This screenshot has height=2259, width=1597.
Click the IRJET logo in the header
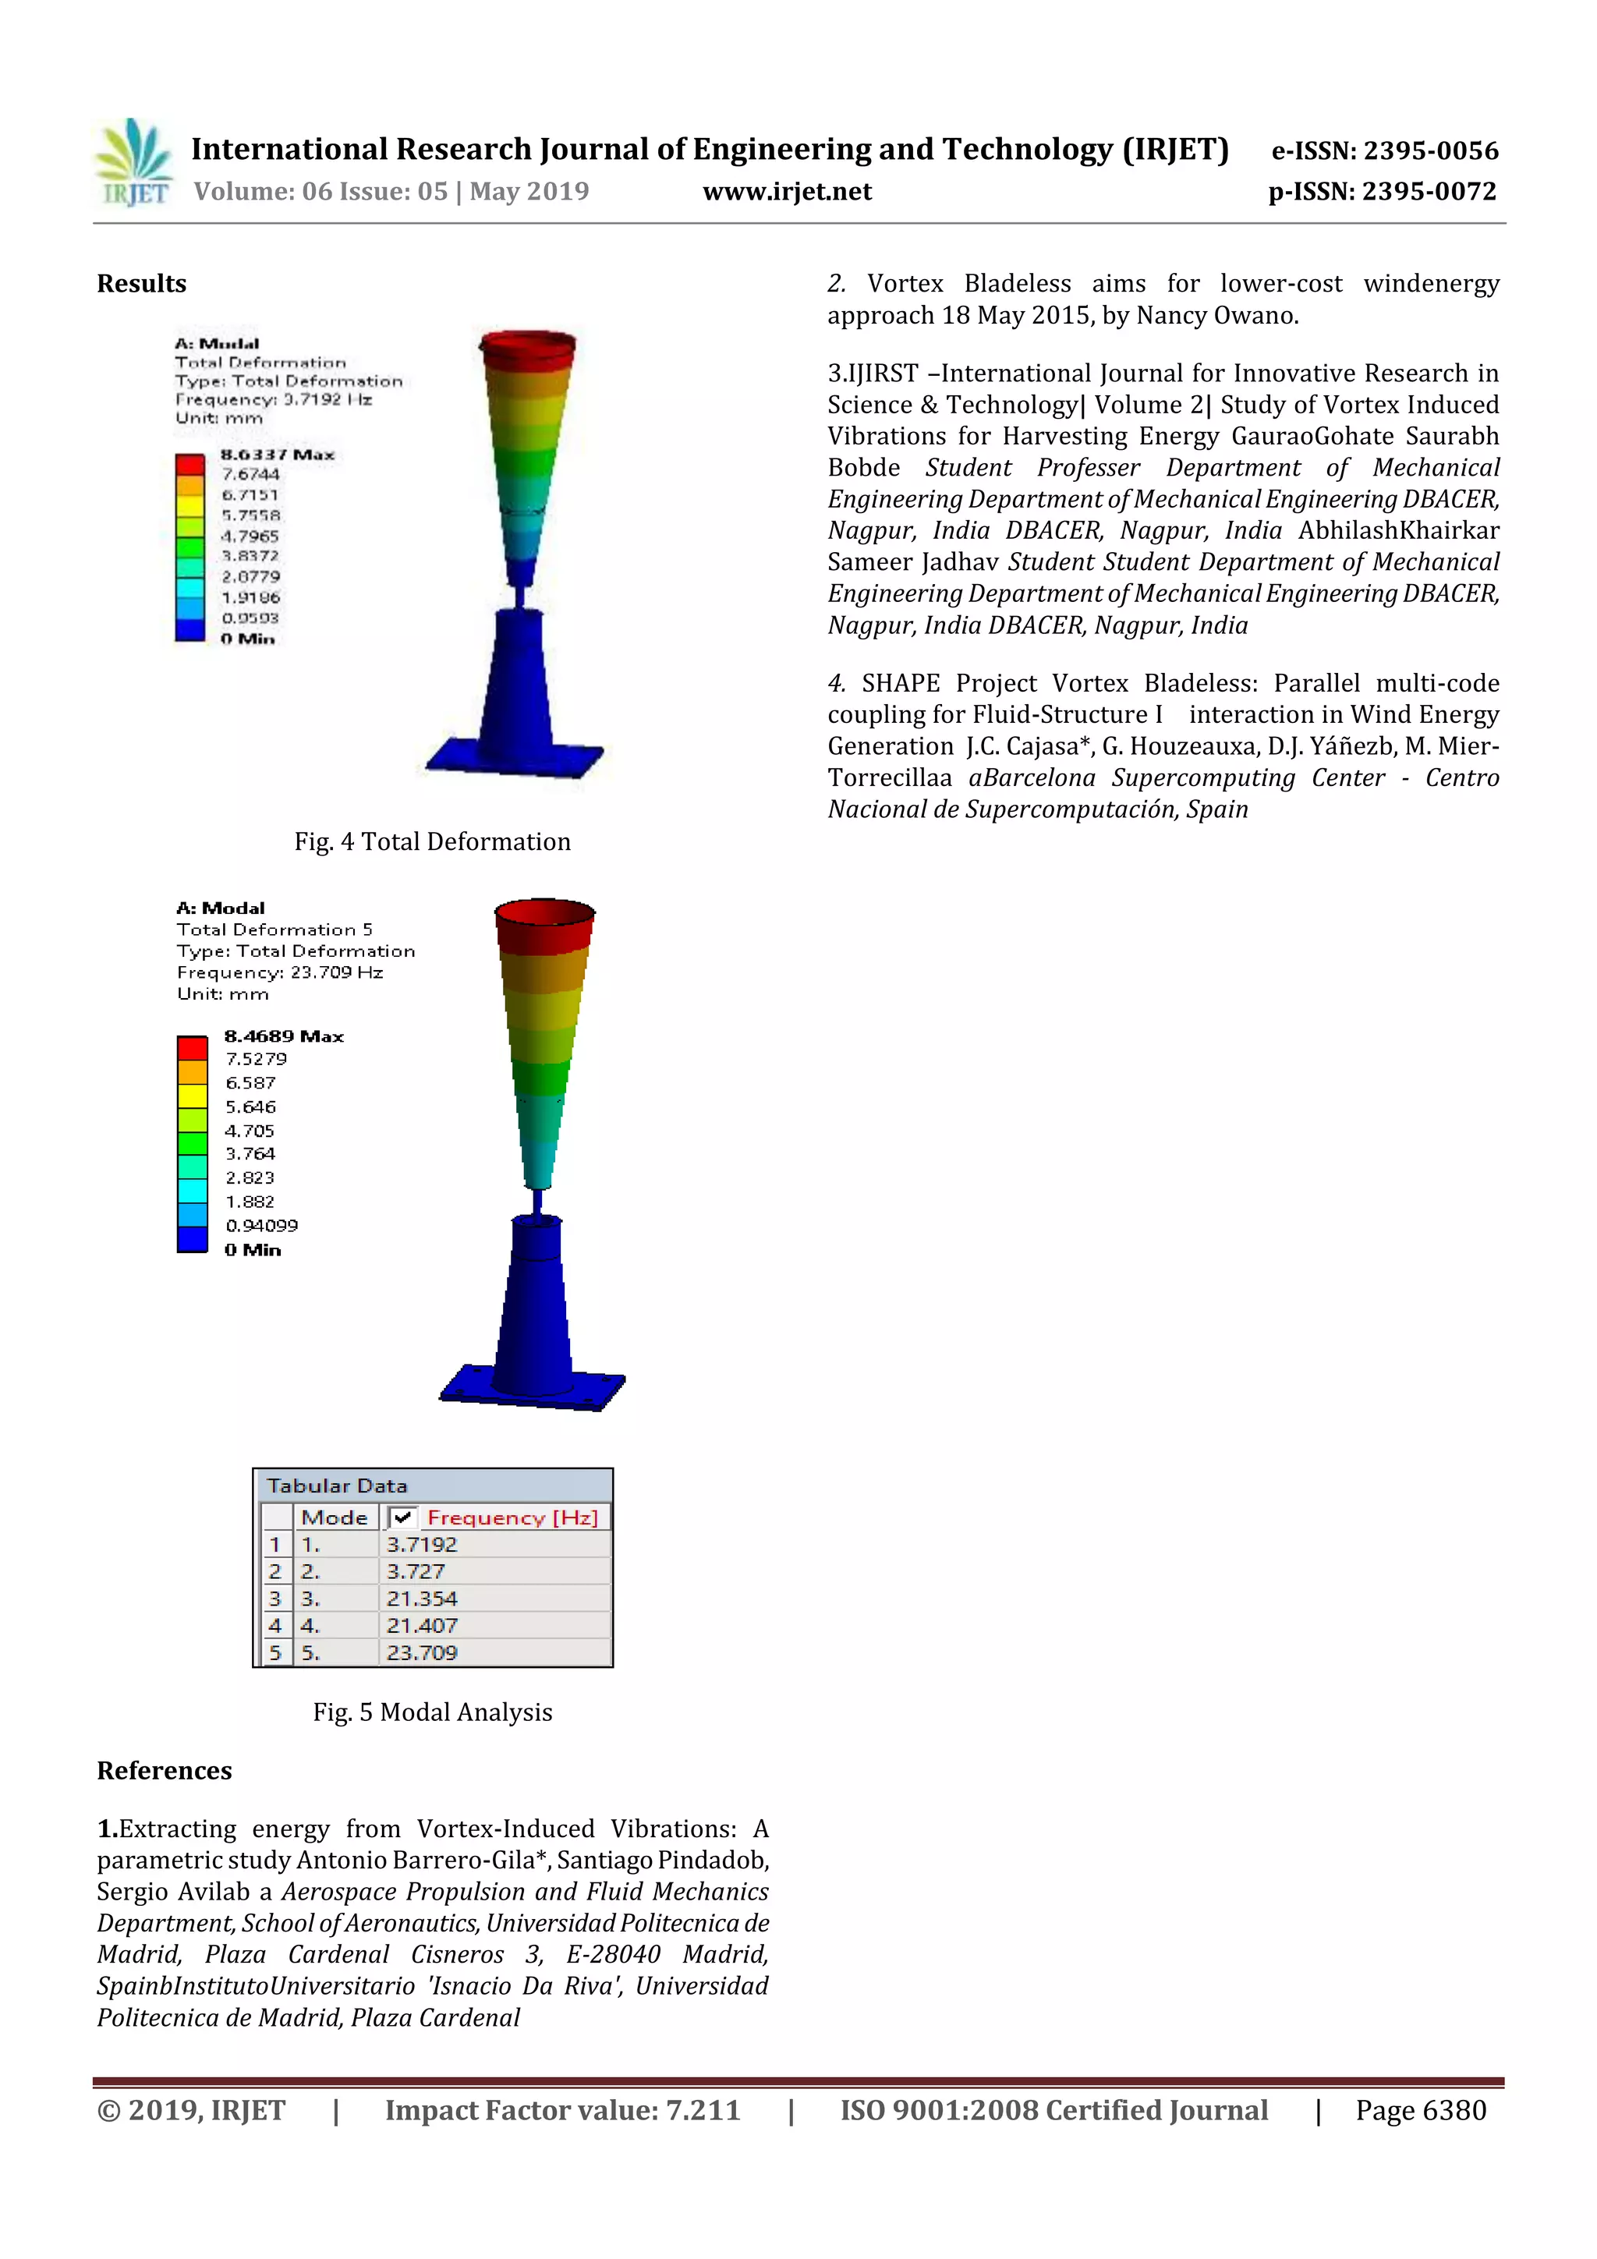tap(135, 163)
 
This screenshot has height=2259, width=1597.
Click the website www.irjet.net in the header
tap(786, 192)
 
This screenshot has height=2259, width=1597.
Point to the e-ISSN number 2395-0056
tap(1429, 150)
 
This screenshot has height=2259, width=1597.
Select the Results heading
tap(142, 285)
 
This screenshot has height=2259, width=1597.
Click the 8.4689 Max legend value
tap(283, 1036)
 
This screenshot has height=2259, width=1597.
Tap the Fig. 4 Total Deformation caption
tap(432, 841)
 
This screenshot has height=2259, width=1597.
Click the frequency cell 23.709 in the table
tap(421, 1653)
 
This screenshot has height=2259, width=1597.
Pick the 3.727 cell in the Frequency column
tap(416, 1571)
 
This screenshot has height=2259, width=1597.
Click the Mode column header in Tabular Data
tap(334, 1517)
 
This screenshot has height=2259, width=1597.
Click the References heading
tap(165, 1770)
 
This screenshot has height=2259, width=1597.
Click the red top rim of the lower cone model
tap(544, 913)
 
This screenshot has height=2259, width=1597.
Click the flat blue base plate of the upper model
tap(515, 758)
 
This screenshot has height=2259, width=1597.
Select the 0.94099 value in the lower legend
tap(260, 1226)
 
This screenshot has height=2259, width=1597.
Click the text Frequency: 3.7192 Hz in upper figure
tap(274, 399)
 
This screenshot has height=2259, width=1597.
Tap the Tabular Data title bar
tap(432, 1485)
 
